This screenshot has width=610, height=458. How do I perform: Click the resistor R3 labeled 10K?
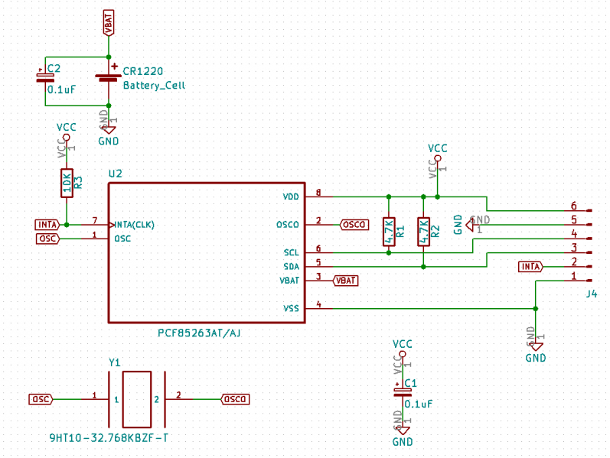(67, 183)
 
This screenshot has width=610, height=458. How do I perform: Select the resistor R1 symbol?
(389, 231)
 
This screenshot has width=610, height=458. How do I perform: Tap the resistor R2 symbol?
(423, 231)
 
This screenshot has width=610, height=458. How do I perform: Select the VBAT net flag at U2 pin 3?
(345, 281)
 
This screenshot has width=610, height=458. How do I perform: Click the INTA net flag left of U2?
(47, 224)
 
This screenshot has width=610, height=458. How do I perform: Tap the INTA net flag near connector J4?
(530, 266)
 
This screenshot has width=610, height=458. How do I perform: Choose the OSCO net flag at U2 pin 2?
(354, 224)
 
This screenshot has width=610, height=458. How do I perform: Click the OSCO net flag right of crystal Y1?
(235, 399)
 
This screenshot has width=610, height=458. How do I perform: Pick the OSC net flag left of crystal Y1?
(41, 399)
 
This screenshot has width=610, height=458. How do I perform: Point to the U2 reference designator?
(115, 174)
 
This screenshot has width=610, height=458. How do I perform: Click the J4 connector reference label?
(591, 294)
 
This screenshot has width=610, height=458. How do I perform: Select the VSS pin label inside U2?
(291, 308)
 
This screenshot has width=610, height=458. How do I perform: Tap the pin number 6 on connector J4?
(573, 206)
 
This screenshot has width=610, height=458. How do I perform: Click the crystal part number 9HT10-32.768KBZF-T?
(108, 438)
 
